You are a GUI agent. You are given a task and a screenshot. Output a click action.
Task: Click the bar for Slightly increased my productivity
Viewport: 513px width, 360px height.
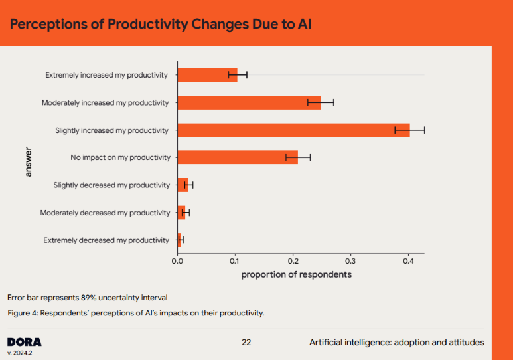tap(292, 130)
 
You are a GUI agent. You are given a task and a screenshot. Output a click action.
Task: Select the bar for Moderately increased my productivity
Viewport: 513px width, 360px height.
tap(248, 102)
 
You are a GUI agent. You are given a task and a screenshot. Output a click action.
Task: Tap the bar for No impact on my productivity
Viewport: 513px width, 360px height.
tap(237, 157)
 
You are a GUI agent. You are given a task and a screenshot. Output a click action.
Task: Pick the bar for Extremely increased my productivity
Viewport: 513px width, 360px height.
tap(207, 75)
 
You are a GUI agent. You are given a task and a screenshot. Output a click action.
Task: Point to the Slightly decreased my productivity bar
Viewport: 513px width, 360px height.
tap(183, 185)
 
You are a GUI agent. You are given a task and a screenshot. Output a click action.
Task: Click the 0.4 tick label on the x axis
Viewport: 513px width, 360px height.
tap(408, 262)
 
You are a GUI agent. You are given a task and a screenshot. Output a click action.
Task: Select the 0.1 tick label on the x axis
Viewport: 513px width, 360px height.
tap(235, 262)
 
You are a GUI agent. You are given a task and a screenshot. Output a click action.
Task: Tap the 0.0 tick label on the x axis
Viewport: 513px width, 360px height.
tap(177, 262)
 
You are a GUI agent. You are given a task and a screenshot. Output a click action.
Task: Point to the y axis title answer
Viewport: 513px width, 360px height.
tap(28, 161)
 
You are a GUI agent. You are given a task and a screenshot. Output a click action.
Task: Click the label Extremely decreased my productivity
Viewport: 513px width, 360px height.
tap(107, 240)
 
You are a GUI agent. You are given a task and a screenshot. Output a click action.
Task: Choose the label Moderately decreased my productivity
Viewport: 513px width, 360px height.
tap(105, 213)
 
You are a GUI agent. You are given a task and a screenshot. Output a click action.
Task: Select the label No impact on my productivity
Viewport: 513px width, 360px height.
tap(120, 157)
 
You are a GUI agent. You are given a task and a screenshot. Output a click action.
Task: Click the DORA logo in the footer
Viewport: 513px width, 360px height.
tap(24, 342)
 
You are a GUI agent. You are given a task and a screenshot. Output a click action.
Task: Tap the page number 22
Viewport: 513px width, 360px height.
tap(246, 343)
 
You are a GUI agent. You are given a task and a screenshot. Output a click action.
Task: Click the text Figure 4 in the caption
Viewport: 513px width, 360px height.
tap(23, 313)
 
